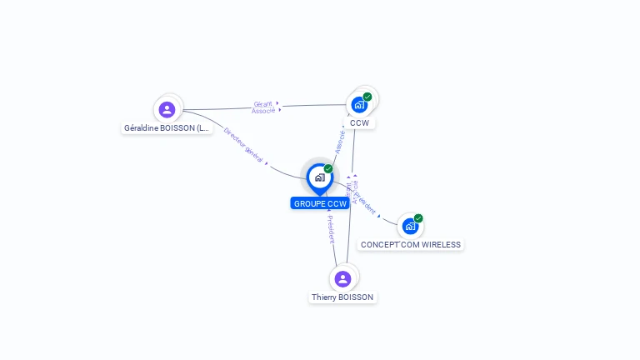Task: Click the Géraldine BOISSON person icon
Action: (x=167, y=109)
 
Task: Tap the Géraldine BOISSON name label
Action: (x=167, y=128)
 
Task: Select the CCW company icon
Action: (x=359, y=105)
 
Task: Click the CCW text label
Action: (x=359, y=123)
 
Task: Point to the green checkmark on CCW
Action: (x=367, y=97)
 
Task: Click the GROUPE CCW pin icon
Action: (x=319, y=177)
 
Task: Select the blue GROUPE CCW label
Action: (x=320, y=204)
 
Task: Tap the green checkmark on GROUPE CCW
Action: (x=328, y=168)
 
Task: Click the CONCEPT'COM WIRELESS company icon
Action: (x=409, y=226)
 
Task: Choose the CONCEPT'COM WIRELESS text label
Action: (x=410, y=245)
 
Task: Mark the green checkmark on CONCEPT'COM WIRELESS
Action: (x=418, y=218)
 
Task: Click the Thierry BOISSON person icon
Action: (x=342, y=278)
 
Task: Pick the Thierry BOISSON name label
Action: (x=342, y=297)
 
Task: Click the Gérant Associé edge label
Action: (x=263, y=107)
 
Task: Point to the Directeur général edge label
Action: (x=242, y=145)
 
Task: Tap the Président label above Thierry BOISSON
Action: (x=331, y=227)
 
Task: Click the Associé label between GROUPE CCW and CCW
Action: (x=340, y=140)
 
